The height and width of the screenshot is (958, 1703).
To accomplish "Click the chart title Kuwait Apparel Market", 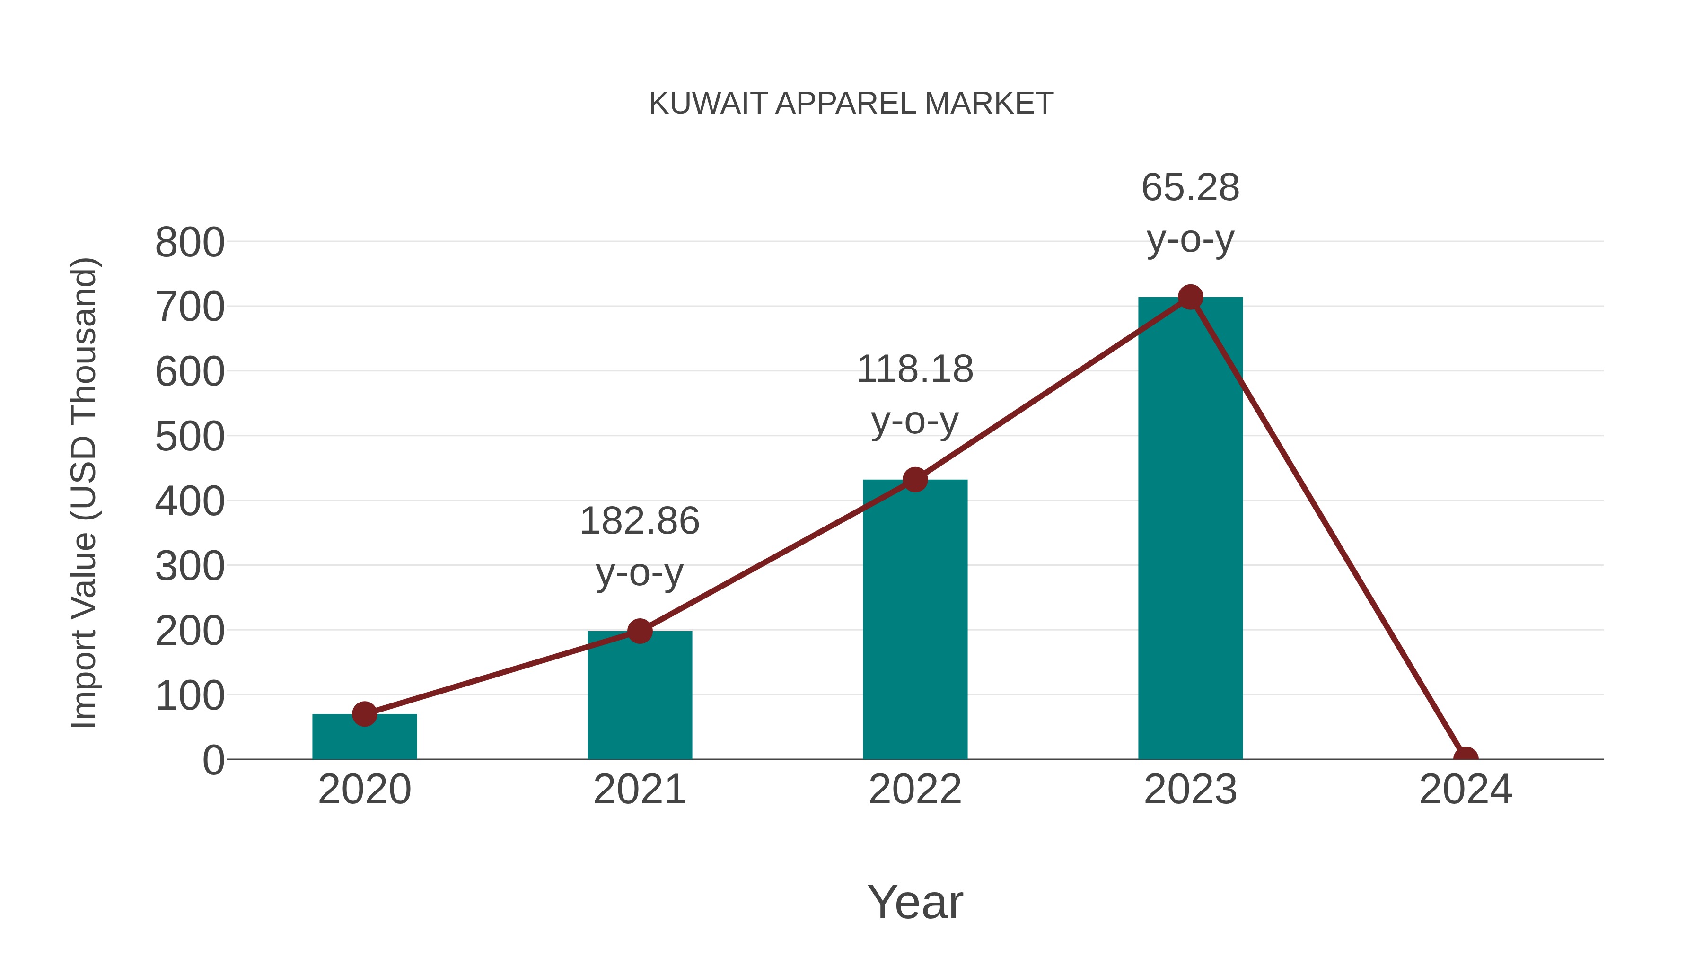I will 851,104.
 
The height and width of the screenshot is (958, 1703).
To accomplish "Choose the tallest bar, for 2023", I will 1190,529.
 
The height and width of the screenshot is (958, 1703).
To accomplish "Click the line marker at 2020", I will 364,714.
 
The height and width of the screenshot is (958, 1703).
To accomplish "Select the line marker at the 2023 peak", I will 1190,298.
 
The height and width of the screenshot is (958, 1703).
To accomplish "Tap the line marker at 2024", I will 1466,758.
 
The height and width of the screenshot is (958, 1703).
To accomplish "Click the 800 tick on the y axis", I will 190,243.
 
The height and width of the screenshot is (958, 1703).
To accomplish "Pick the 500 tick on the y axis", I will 190,437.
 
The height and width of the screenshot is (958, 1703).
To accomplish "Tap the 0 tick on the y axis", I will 213,760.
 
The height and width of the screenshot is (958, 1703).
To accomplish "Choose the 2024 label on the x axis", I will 1466,790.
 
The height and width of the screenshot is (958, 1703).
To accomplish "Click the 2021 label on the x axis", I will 639,790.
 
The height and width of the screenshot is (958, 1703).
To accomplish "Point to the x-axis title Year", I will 915,903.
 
